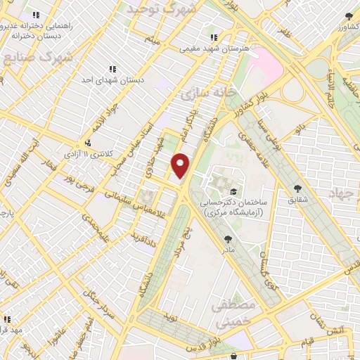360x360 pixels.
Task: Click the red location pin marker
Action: click(x=181, y=165)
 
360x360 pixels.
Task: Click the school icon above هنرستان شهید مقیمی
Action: click(x=213, y=38)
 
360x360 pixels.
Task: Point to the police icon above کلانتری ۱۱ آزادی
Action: click(x=87, y=143)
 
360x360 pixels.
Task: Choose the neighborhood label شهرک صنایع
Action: click(x=38, y=58)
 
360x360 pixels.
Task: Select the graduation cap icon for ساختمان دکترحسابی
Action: click(x=233, y=191)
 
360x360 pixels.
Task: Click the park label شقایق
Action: click(x=298, y=199)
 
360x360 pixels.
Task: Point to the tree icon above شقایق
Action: click(x=298, y=188)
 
